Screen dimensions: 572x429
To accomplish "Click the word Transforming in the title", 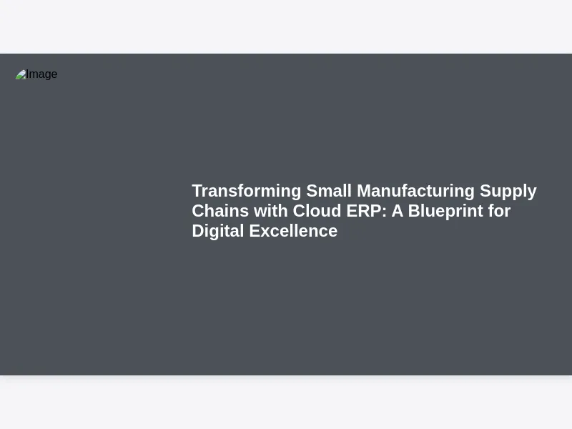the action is tap(247, 192).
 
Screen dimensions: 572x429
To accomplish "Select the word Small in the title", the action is tap(329, 191).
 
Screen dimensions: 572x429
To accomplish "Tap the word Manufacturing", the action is tap(415, 192).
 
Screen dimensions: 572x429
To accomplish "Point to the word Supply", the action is tap(508, 192).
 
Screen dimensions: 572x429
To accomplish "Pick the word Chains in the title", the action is tap(220, 211).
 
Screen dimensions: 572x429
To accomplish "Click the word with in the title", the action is tap(271, 211).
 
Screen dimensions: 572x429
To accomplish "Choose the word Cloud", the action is tap(317, 211).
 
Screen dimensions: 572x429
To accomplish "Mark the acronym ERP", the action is tap(364, 211).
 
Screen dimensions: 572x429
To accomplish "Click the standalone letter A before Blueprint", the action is tap(398, 211).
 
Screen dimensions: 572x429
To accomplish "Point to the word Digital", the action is tap(218, 232).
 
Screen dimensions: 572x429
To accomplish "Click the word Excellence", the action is tap(293, 231).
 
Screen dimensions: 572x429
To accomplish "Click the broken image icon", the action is tap(21, 74).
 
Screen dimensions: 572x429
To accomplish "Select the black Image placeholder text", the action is tap(41, 74).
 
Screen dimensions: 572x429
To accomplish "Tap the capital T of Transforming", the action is tap(198, 191).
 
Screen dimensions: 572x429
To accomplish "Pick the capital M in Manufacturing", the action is tap(364, 191).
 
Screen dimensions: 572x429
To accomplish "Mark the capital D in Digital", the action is tap(198, 231).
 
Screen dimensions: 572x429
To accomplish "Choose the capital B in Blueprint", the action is tap(414, 211).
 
